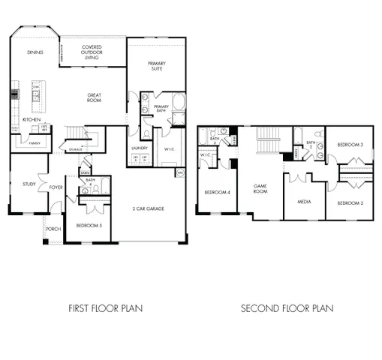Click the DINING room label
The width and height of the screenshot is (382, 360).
coord(35,52)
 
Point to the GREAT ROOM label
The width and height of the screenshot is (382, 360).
coord(95,97)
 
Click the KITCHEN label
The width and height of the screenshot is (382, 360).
coord(31,119)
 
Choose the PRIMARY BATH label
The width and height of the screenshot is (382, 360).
coord(161,109)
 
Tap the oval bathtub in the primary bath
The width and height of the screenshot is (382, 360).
coord(179,102)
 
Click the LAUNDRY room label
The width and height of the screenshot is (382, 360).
coord(140,148)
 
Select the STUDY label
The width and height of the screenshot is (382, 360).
coord(29,184)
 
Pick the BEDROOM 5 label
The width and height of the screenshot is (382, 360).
coord(88,225)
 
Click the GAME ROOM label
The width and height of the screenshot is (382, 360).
coord(260,189)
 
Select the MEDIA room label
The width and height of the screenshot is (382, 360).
coord(304,201)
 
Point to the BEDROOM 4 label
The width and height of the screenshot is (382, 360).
coord(217,192)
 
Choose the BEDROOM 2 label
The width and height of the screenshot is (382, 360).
coord(349,203)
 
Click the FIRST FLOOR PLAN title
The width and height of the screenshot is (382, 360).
coord(106,308)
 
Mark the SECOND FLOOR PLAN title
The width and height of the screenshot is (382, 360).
coord(287,308)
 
